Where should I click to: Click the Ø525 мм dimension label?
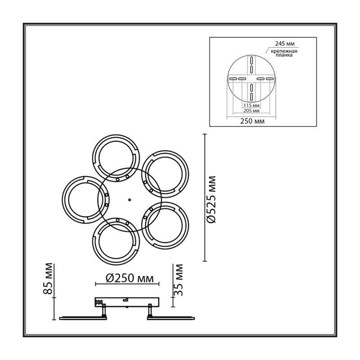coord(211,199)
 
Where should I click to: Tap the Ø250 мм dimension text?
coord(130,279)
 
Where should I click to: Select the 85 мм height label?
coord(48,279)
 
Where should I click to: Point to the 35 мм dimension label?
coord(178,280)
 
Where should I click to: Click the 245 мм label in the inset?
coord(285,44)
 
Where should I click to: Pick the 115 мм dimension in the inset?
coord(252,105)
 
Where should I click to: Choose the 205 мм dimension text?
coord(252,111)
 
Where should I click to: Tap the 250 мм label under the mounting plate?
coord(252,121)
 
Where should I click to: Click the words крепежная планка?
coord(284,53)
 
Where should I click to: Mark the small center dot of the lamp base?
coord(130,200)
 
